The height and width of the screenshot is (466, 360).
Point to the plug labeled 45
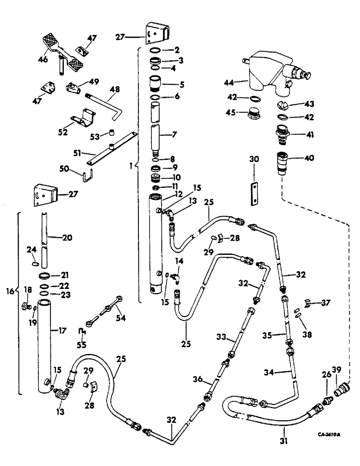(254, 114)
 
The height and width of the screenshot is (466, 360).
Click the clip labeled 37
(310, 303)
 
